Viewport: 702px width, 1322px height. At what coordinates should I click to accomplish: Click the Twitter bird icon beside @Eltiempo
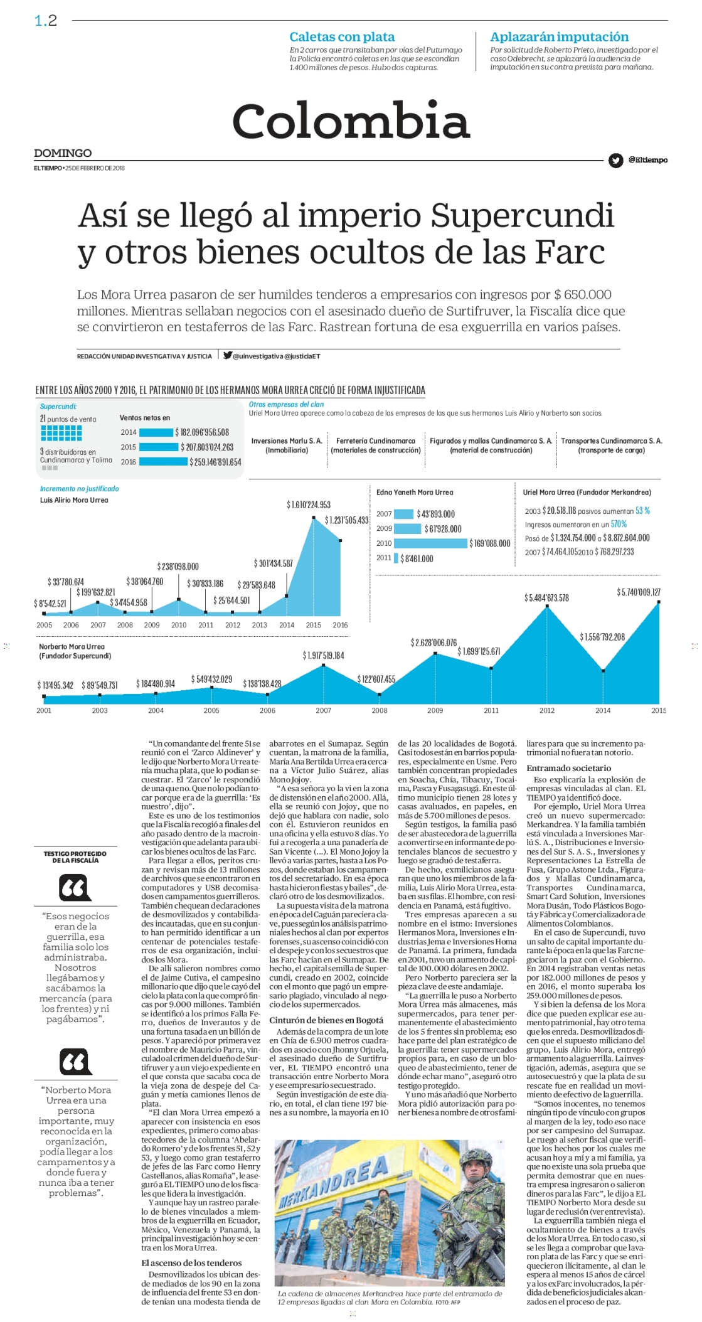pyautogui.click(x=615, y=160)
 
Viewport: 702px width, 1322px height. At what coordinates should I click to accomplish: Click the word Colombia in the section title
pyautogui.click(x=351, y=120)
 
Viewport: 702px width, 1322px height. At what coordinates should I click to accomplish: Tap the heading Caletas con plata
pyautogui.click(x=342, y=37)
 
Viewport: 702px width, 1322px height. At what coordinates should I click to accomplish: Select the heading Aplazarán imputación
pyautogui.click(x=559, y=37)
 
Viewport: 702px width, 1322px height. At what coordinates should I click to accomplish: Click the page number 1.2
pyautogui.click(x=46, y=21)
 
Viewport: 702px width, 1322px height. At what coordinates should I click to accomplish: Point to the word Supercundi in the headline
pyautogui.click(x=523, y=215)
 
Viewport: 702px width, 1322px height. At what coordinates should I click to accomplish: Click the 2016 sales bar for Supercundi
pyautogui.click(x=163, y=462)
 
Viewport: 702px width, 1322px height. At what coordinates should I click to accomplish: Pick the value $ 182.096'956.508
pyautogui.click(x=202, y=432)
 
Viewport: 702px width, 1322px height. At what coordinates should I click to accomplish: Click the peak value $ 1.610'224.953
pyautogui.click(x=309, y=504)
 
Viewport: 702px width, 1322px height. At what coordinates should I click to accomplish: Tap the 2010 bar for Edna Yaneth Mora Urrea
pyautogui.click(x=430, y=543)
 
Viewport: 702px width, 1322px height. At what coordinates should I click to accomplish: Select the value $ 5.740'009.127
pyautogui.click(x=639, y=592)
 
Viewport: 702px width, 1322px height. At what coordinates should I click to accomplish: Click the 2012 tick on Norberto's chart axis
pyautogui.click(x=547, y=710)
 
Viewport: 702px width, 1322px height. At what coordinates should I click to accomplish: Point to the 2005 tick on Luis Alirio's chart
pyautogui.click(x=45, y=625)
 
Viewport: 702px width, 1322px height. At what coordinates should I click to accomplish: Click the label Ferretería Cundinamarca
pyautogui.click(x=376, y=441)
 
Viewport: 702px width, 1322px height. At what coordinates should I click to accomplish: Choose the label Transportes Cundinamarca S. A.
pyautogui.click(x=612, y=441)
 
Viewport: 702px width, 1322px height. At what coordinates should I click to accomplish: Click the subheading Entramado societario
pyautogui.click(x=568, y=768)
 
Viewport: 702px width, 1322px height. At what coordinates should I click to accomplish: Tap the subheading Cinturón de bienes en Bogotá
pyautogui.click(x=326, y=1020)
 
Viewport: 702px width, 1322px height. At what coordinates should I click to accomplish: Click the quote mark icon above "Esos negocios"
pyautogui.click(x=75, y=888)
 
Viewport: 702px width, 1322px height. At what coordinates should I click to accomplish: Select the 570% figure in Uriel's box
pyautogui.click(x=619, y=524)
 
